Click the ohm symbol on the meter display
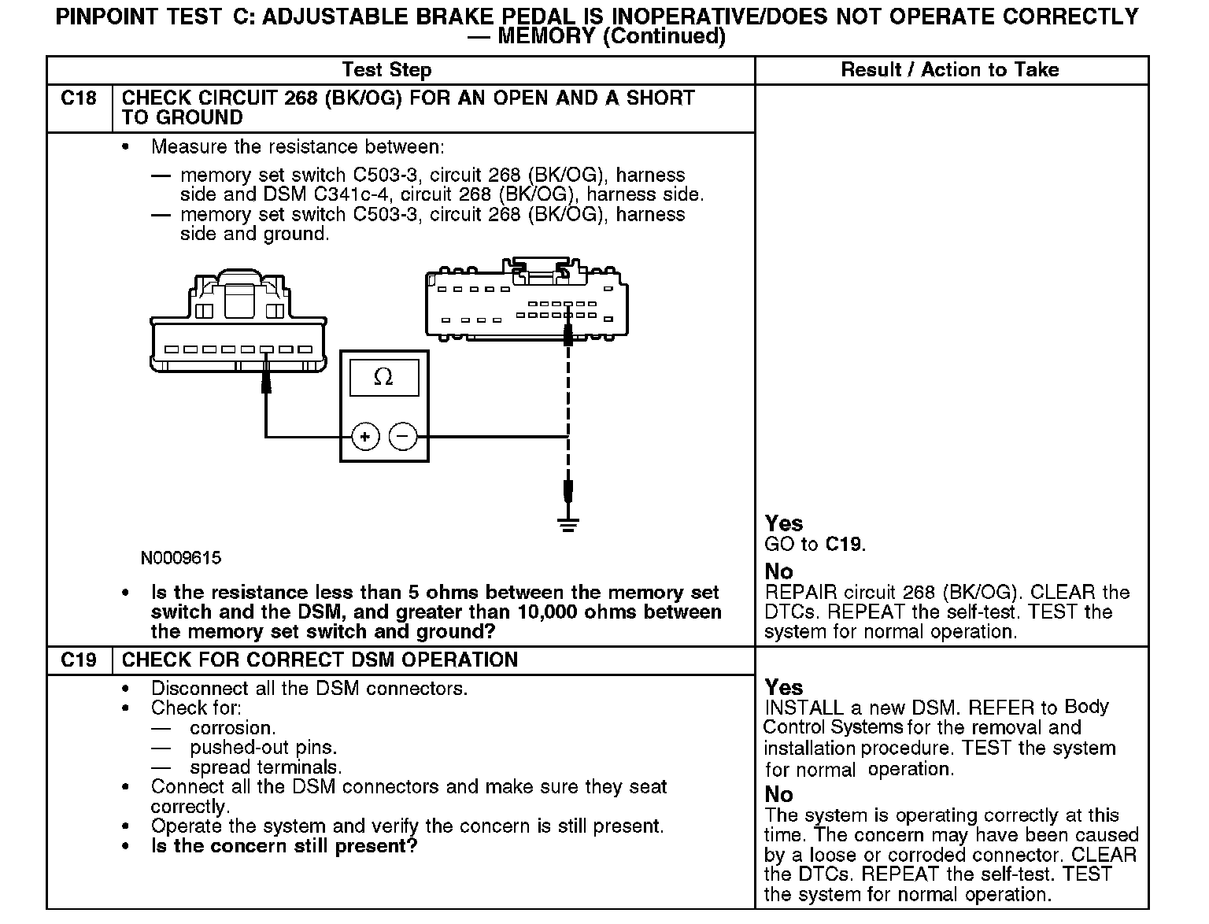[x=383, y=378]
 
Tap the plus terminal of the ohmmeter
[x=365, y=436]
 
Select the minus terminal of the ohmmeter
[x=403, y=436]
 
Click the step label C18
[x=79, y=98]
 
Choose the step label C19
[x=79, y=660]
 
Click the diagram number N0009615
[x=181, y=558]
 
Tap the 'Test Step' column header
[x=386, y=70]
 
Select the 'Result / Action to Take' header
[x=950, y=70]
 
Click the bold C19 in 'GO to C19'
[x=844, y=544]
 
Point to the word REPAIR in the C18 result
[x=800, y=593]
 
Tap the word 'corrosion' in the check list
[x=232, y=728]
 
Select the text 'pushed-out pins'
[x=263, y=748]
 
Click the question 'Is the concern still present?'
[x=284, y=846]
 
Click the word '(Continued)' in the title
[x=663, y=36]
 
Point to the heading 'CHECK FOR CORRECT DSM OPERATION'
[x=320, y=660]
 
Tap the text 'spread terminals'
[x=265, y=767]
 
